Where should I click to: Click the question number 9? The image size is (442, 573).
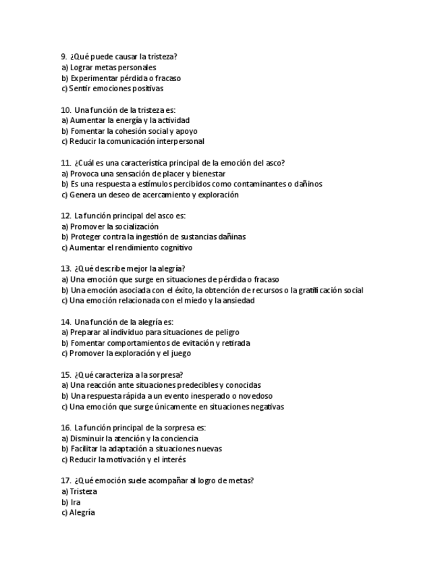point(64,57)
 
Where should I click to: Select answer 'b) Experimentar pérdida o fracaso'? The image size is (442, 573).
point(121,78)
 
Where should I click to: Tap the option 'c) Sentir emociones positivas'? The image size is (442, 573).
point(112,89)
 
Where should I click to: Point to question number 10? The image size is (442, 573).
point(66,109)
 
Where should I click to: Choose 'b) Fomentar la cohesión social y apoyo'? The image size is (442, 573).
point(129,131)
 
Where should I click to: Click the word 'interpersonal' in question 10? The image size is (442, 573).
point(181,142)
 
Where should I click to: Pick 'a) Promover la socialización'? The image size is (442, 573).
point(110,226)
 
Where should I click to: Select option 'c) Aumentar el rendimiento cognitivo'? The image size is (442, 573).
point(126,248)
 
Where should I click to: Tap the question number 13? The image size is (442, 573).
point(66,268)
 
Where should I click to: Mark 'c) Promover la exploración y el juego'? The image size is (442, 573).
point(126,353)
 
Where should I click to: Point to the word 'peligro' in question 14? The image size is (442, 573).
point(226,332)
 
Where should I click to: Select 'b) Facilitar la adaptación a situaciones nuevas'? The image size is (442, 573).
point(141,449)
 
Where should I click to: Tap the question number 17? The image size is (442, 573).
point(66,480)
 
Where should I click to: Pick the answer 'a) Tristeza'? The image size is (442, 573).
point(79,491)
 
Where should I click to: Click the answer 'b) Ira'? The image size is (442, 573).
point(71,502)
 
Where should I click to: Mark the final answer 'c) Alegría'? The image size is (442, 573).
point(78,513)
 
